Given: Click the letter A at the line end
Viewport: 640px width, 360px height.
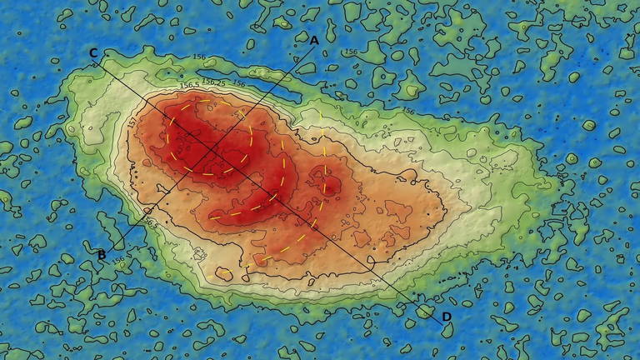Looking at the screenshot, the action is click(x=314, y=39).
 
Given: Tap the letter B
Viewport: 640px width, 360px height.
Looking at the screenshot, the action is click(x=102, y=254).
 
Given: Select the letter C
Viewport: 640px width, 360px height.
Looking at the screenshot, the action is click(x=93, y=53).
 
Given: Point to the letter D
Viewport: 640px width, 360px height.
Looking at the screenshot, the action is click(x=447, y=317).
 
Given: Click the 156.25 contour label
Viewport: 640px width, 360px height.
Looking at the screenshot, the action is click(x=215, y=82).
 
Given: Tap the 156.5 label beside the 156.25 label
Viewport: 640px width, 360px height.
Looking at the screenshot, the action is click(x=189, y=85).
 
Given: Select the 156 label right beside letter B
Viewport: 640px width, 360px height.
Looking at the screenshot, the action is click(x=119, y=262).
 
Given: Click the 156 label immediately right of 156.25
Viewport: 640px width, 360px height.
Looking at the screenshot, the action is click(x=239, y=82).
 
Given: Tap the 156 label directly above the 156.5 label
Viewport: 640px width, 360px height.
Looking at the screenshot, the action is click(x=199, y=57).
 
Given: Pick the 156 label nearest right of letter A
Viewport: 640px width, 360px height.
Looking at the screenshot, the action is click(x=408, y=110).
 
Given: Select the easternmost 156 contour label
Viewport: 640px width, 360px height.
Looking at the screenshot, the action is click(x=408, y=110).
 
